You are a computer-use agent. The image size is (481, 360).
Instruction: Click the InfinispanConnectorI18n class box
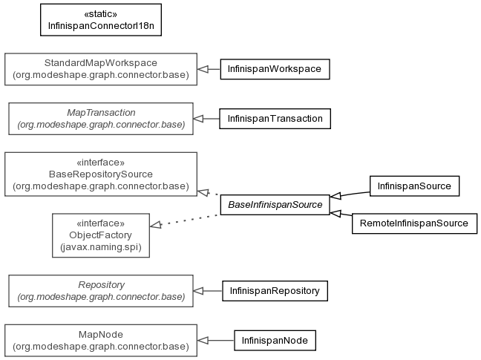click(101, 20)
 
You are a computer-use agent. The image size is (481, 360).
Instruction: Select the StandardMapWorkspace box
click(101, 69)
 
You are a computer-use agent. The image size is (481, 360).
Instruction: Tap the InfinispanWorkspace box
click(275, 69)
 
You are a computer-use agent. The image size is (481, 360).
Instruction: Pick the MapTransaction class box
click(101, 119)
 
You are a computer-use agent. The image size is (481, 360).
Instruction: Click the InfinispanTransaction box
click(275, 119)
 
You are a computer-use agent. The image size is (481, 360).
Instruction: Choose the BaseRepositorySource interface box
click(101, 174)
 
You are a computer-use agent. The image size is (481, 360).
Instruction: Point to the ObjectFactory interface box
click(101, 235)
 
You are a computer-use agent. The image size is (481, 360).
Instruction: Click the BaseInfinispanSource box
click(275, 205)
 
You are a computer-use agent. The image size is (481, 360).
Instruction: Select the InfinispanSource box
click(414, 186)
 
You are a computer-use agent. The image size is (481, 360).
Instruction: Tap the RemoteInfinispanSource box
click(414, 223)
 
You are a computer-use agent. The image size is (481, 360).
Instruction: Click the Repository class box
click(101, 291)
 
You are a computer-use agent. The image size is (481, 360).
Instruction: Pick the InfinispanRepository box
click(275, 291)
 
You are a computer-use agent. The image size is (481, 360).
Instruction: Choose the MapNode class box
click(101, 341)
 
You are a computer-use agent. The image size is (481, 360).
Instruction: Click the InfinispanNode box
click(275, 341)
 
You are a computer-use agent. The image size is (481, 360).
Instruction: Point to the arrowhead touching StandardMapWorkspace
click(203, 69)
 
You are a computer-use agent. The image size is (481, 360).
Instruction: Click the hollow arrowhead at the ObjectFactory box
click(156, 225)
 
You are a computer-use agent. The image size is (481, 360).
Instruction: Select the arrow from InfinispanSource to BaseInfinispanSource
click(350, 194)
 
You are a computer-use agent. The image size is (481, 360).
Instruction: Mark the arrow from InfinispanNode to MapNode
click(216, 341)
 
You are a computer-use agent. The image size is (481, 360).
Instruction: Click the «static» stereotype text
click(101, 14)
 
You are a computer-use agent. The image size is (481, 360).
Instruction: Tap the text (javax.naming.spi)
click(101, 247)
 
